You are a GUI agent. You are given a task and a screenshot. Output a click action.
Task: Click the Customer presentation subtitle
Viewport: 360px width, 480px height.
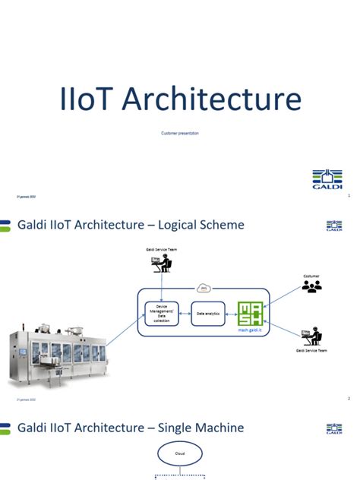(180, 133)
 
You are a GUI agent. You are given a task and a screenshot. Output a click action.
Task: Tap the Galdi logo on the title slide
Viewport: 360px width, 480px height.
(327, 179)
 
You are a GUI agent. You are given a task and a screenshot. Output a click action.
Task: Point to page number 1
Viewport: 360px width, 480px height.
(348, 196)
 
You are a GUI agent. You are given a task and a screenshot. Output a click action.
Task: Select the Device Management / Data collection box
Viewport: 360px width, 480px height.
(161, 312)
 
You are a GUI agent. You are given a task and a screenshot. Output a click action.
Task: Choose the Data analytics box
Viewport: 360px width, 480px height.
(207, 313)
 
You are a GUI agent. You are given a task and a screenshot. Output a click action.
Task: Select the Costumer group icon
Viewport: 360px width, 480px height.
(311, 286)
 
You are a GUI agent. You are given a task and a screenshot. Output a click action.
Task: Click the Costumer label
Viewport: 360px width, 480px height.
(311, 275)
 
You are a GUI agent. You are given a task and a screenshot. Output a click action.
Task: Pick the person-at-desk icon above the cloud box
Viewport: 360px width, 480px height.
(161, 263)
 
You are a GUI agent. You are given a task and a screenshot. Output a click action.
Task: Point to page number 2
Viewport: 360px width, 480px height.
(348, 398)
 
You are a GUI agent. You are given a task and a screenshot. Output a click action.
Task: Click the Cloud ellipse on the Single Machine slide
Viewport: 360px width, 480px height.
(179, 454)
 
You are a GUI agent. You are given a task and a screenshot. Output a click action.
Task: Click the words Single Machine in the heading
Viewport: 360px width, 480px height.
(204, 428)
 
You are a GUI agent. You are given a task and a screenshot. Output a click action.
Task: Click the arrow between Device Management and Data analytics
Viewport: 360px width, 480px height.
(184, 313)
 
